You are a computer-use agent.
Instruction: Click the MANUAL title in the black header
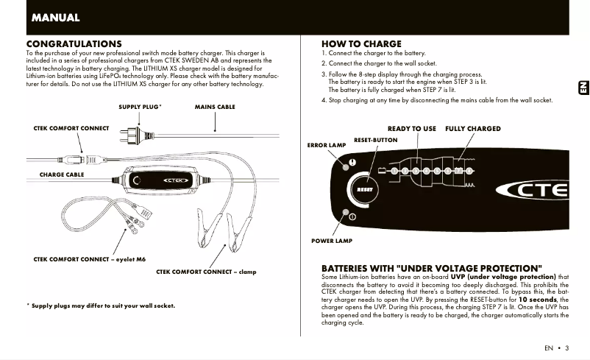click(56, 17)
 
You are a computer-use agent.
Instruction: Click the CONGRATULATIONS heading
click(74, 44)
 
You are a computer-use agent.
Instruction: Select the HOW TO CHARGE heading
click(361, 44)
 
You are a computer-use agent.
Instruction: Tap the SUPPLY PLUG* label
click(140, 107)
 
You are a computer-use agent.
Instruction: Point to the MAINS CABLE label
click(215, 107)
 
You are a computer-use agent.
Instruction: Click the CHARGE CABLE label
click(61, 174)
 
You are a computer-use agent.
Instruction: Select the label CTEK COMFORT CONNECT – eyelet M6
click(90, 259)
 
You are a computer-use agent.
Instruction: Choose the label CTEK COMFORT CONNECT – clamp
click(206, 272)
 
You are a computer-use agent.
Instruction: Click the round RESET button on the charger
click(365, 189)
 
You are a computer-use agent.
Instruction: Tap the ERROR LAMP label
click(326, 145)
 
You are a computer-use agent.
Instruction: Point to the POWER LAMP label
click(332, 241)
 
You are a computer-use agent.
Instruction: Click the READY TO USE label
click(411, 128)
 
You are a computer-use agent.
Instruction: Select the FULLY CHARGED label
click(472, 128)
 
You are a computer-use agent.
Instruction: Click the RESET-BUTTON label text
click(375, 139)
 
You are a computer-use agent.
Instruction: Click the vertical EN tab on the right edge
click(581, 87)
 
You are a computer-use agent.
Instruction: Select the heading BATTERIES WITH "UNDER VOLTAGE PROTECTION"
click(432, 267)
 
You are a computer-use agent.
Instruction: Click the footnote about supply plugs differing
click(101, 305)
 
